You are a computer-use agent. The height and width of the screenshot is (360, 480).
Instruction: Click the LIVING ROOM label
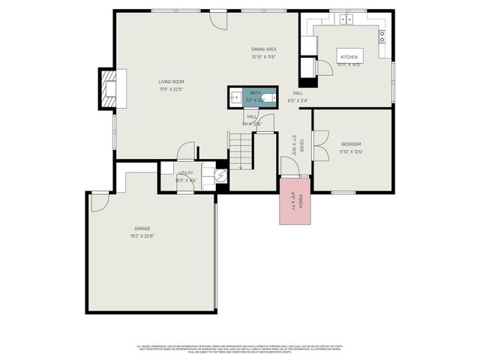(x=171, y=82)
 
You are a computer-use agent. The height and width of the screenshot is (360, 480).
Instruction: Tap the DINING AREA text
(x=264, y=49)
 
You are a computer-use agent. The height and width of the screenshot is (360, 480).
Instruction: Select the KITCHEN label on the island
(x=349, y=58)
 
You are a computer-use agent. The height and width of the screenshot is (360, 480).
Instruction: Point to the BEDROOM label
(x=351, y=144)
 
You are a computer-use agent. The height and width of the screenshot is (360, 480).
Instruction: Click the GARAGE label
(x=142, y=228)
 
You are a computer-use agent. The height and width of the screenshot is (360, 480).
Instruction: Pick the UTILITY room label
(x=185, y=173)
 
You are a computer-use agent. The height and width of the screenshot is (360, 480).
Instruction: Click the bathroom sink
(x=235, y=97)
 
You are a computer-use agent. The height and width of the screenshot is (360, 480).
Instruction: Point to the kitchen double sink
(x=347, y=19)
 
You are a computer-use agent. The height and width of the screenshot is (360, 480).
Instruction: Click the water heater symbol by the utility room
(x=221, y=175)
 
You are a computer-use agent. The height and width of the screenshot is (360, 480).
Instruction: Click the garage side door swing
(x=100, y=202)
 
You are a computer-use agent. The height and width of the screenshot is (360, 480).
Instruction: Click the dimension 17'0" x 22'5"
(x=171, y=89)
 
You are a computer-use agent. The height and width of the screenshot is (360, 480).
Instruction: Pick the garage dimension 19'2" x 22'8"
(x=142, y=235)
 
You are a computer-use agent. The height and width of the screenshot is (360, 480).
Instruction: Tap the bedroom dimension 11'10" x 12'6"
(x=351, y=151)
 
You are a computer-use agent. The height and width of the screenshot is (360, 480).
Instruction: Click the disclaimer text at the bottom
(x=239, y=348)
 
